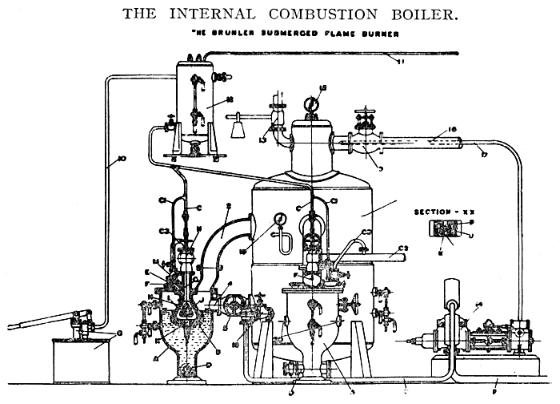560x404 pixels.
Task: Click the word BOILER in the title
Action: [x=410, y=14]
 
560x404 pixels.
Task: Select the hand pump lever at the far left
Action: [x=36, y=325]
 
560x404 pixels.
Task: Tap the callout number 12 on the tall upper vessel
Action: [x=206, y=101]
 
